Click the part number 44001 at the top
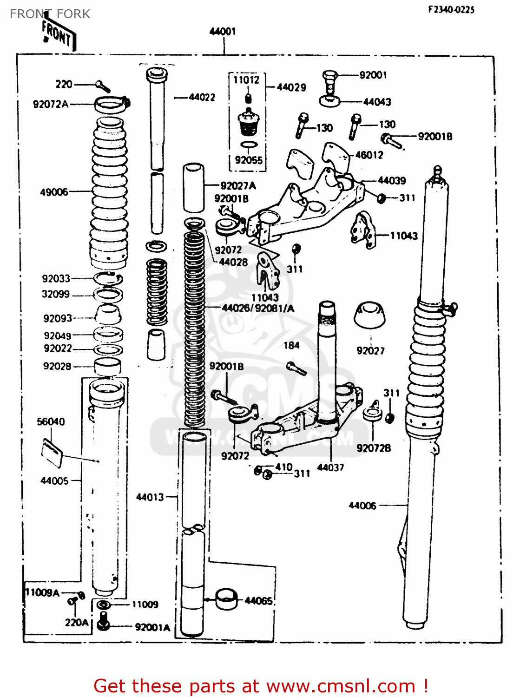223,32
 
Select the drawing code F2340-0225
451,9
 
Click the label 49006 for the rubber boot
54,192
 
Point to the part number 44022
202,97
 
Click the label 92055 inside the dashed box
249,160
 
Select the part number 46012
369,155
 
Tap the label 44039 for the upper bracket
391,180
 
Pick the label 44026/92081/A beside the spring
258,308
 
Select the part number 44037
330,467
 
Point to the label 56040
51,421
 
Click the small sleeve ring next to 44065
226,599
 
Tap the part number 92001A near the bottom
152,627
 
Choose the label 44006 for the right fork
362,506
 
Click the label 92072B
373,448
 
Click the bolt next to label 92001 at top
329,81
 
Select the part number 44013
150,497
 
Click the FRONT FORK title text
50,14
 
